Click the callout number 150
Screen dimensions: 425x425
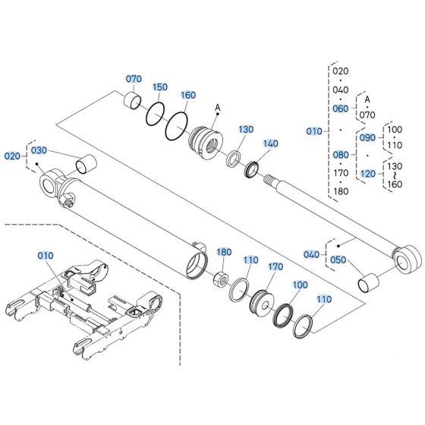coord(160,87)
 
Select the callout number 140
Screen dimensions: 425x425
coord(271,143)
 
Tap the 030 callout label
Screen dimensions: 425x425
coord(39,150)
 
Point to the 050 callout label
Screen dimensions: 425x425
coord(338,260)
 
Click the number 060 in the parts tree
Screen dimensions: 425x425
coord(340,109)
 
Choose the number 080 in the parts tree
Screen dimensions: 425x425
coord(340,154)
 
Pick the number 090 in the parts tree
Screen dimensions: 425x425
coord(367,137)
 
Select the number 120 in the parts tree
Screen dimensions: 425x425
coord(367,174)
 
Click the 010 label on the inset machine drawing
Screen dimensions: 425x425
coord(46,257)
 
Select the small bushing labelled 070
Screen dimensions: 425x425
coord(134,100)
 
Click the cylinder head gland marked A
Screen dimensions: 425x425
coord(207,141)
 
